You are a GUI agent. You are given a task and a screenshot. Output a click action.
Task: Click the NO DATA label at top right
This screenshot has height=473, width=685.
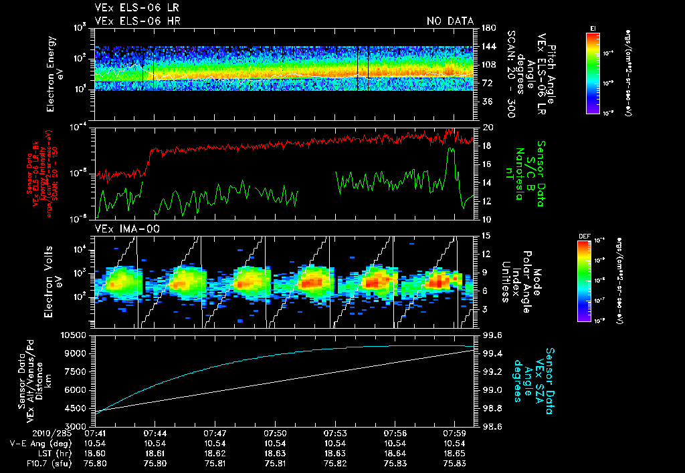(450, 21)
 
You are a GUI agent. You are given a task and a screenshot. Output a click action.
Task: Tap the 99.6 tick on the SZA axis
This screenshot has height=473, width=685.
(493, 335)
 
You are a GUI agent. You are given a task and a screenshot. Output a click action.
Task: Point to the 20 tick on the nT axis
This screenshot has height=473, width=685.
(486, 127)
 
